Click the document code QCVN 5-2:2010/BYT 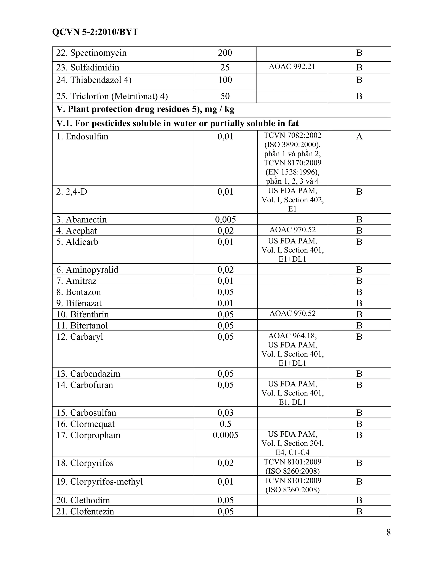tap(95, 32)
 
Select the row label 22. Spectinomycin tap(91, 53)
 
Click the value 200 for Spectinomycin tap(225, 53)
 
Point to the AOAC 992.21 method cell tap(292, 67)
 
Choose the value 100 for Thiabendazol tap(225, 80)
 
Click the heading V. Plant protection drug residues tap(145, 109)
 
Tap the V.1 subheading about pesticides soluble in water tap(177, 123)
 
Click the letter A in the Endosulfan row tap(359, 137)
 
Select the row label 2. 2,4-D tap(72, 192)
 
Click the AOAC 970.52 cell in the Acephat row tap(292, 230)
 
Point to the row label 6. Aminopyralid tap(87, 270)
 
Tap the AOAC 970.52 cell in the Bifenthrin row tap(292, 314)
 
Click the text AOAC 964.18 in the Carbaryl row tap(292, 336)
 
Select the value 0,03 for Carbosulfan tap(225, 413)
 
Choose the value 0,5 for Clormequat tap(225, 424)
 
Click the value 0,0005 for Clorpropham tap(225, 435)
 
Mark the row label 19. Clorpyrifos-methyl tap(100, 482)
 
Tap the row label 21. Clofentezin tap(85, 511)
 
